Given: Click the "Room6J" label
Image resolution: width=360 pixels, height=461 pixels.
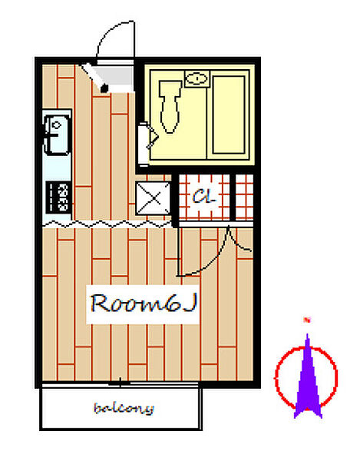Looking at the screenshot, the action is click(143, 303).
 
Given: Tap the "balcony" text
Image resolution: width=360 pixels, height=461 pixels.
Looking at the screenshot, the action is click(124, 408).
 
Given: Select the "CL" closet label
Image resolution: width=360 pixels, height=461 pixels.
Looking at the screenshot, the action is click(203, 196).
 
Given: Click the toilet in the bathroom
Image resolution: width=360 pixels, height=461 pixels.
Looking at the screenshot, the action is click(170, 107).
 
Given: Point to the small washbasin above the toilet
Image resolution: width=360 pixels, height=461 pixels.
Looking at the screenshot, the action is click(197, 78).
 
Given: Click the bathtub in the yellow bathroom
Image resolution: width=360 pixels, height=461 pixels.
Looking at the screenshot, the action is click(229, 114).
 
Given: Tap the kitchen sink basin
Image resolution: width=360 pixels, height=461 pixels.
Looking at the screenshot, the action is click(57, 134).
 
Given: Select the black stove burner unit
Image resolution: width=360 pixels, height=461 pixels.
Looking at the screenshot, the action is click(58, 197).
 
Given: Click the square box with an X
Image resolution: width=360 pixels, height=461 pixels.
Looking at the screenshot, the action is click(153, 198).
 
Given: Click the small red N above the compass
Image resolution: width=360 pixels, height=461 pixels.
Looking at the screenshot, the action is click(308, 320).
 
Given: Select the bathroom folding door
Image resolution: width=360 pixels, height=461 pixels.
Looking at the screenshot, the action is click(148, 139).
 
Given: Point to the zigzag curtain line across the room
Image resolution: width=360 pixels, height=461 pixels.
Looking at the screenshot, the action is click(107, 224).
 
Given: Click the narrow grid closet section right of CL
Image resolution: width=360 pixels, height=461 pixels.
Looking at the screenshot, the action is click(245, 197).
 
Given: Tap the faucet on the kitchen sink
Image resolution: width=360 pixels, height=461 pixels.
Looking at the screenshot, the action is click(56, 125).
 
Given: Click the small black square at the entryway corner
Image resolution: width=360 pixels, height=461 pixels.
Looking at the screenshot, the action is click(104, 88).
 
